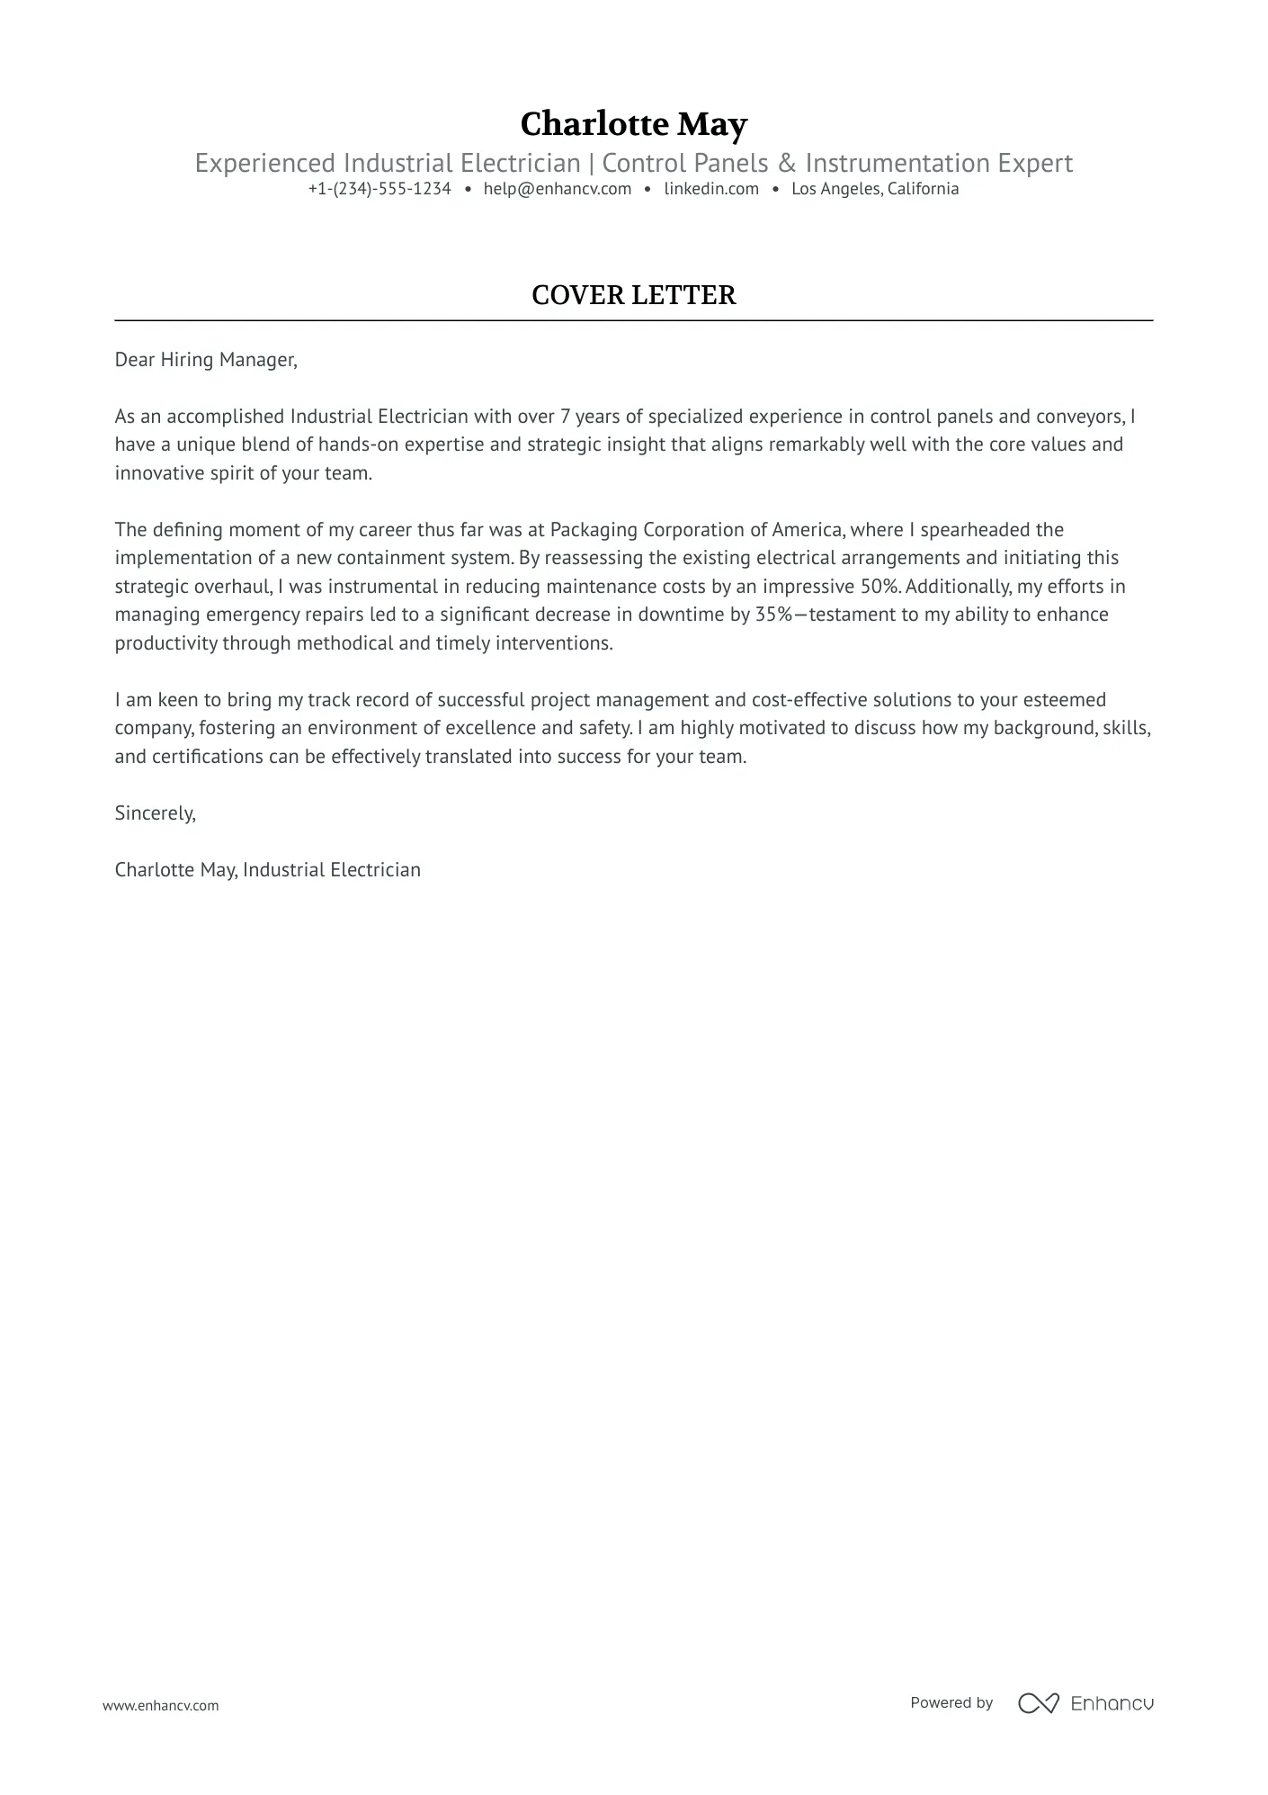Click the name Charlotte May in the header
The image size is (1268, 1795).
pyautogui.click(x=633, y=124)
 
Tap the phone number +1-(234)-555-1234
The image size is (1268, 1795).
pyautogui.click(x=380, y=189)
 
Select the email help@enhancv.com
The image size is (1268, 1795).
pyautogui.click(x=558, y=189)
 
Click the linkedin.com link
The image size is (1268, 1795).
pyautogui.click(x=711, y=189)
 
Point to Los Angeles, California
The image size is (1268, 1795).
pyautogui.click(x=875, y=189)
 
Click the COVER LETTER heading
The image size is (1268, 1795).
pyautogui.click(x=633, y=295)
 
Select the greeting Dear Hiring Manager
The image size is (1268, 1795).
pyautogui.click(x=206, y=360)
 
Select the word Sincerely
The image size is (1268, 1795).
pyautogui.click(x=155, y=813)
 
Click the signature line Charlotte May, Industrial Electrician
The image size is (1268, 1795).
pyautogui.click(x=268, y=870)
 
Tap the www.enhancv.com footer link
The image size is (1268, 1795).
pyautogui.click(x=161, y=1705)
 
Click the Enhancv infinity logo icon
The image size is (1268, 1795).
pyautogui.click(x=1038, y=1703)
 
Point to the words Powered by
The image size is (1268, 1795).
pyautogui.click(x=951, y=1703)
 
